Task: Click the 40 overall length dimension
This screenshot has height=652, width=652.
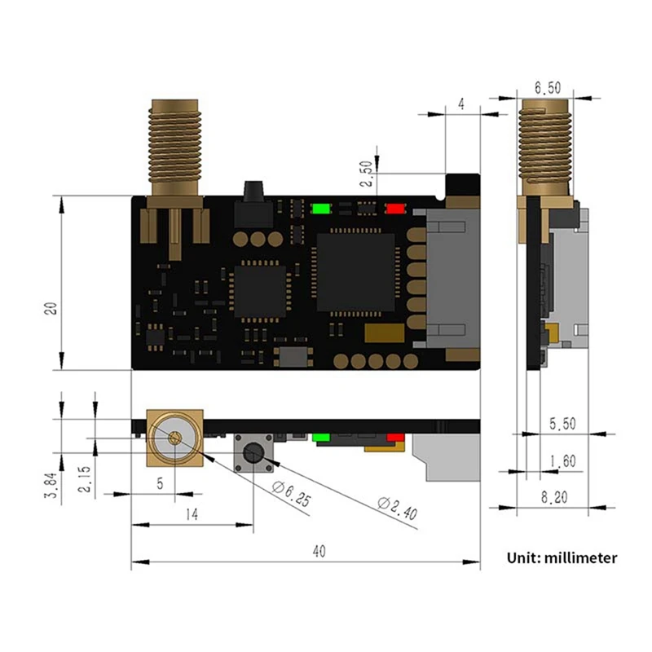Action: pyautogui.click(x=319, y=552)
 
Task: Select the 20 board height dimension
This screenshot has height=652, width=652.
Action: pyautogui.click(x=51, y=307)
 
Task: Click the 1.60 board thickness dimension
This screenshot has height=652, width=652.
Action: pyautogui.click(x=562, y=462)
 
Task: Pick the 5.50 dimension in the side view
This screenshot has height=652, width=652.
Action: pyautogui.click(x=562, y=424)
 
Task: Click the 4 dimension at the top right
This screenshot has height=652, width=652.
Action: pyautogui.click(x=461, y=104)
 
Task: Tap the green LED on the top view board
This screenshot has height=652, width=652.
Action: pyautogui.click(x=320, y=208)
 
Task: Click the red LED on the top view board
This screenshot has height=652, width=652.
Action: pyautogui.click(x=395, y=208)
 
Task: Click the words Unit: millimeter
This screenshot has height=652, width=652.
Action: pyautogui.click(x=562, y=558)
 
